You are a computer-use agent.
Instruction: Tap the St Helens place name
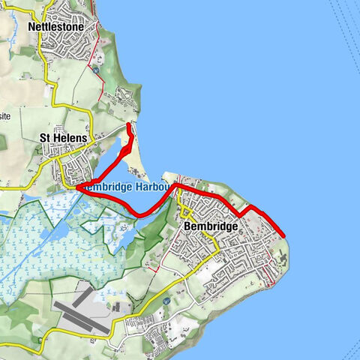pos(64,138)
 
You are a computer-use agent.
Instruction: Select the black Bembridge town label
pos(210,226)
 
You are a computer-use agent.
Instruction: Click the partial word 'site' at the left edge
pos(4,116)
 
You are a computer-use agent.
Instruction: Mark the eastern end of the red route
pos(285,235)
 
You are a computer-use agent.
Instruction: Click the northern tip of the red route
pos(128,124)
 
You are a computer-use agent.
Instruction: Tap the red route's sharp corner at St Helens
pos(76,188)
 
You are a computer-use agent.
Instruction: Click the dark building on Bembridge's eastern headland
pos(283,259)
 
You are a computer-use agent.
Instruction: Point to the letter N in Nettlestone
pos(31,26)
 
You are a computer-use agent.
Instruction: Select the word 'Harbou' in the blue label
pos(155,187)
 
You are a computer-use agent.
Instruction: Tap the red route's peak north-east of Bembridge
pos(251,205)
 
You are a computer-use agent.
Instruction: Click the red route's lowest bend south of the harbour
pos(141,216)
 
